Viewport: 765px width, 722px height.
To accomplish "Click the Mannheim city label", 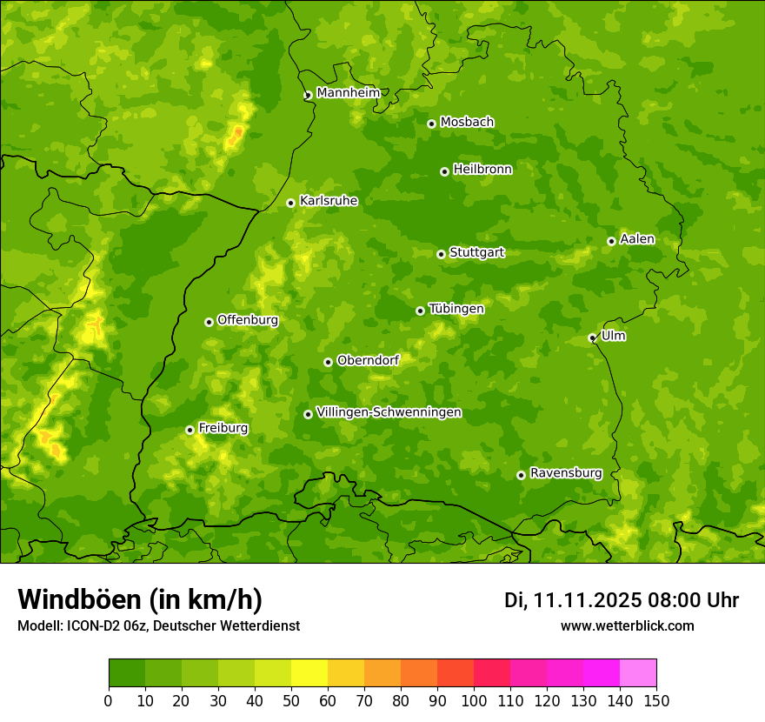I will [x=348, y=93].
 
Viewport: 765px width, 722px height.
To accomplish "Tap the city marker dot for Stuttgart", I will [x=441, y=254].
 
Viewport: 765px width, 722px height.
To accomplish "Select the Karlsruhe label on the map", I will [x=329, y=201].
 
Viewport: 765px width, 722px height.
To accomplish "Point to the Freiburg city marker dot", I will [x=190, y=430].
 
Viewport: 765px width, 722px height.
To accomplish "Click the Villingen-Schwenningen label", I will [x=389, y=412].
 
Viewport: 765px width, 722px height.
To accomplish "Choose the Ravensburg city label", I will [x=565, y=473].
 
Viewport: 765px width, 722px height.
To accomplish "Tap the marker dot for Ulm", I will [x=592, y=338].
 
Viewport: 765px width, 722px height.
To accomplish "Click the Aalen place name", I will [x=637, y=239].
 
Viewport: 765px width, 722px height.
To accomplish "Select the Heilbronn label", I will [x=482, y=170].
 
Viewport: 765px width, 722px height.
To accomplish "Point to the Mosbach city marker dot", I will [x=431, y=124].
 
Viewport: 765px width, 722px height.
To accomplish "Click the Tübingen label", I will [x=456, y=309].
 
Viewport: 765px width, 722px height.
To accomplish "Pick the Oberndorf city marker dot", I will [x=328, y=362].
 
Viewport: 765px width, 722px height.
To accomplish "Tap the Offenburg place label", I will [x=248, y=320].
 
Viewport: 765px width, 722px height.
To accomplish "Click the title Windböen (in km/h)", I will [x=139, y=599].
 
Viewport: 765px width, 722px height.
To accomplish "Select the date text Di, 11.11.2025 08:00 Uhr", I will [x=622, y=600].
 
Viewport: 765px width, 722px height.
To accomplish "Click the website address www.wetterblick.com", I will [x=627, y=625].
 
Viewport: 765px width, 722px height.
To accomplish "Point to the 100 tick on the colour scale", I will [x=474, y=700].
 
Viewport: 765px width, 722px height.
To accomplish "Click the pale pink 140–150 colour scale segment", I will [x=638, y=673].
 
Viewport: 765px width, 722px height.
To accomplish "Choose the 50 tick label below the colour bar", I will [x=291, y=700].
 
